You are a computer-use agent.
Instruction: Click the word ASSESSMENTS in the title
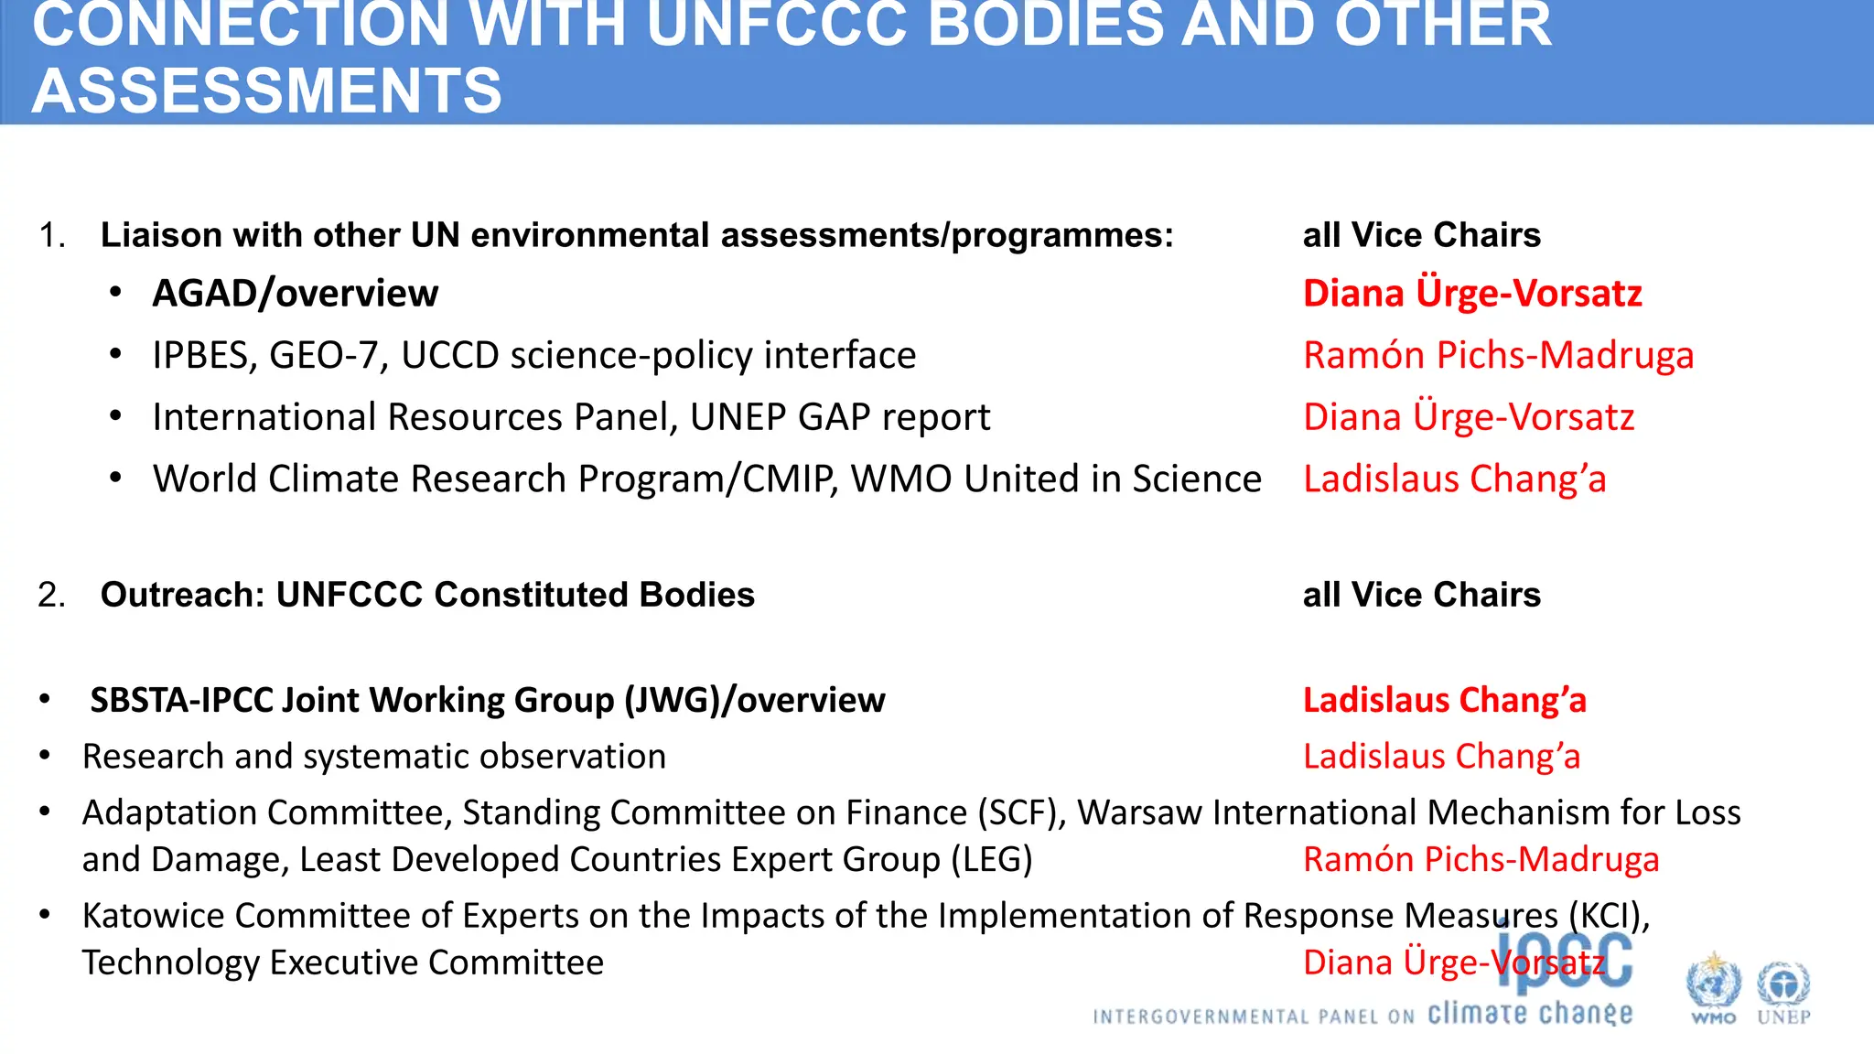coord(266,91)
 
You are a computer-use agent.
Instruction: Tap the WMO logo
coord(1713,989)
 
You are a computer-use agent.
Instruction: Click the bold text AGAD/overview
coord(295,294)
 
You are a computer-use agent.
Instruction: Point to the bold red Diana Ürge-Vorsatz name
coord(1471,294)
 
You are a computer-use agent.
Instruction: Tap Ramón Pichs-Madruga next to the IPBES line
coord(1498,355)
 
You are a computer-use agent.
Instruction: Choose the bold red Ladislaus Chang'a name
coord(1444,700)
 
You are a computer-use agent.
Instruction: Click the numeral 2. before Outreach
coord(51,595)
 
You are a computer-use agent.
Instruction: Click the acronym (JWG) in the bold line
coord(672,700)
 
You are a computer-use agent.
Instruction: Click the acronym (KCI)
coord(1609,916)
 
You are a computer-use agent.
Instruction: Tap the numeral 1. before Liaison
coord(51,235)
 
